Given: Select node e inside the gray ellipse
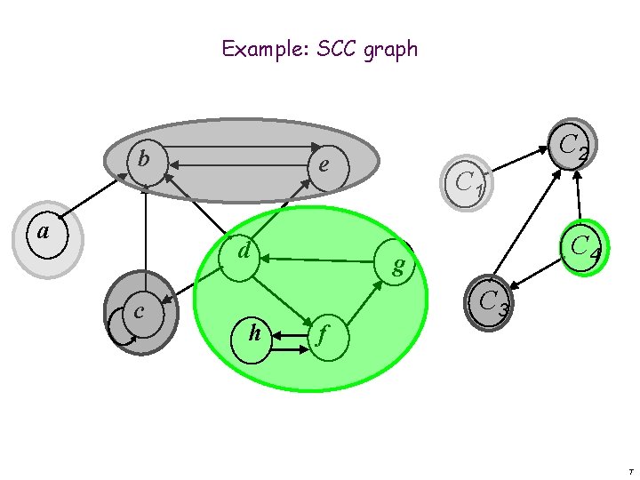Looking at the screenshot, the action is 324,166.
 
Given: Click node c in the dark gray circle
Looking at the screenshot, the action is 140,313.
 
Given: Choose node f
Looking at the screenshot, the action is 324,336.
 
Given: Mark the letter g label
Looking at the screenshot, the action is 399,264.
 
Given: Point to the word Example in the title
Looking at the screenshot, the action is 260,48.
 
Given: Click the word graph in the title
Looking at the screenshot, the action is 390,49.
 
